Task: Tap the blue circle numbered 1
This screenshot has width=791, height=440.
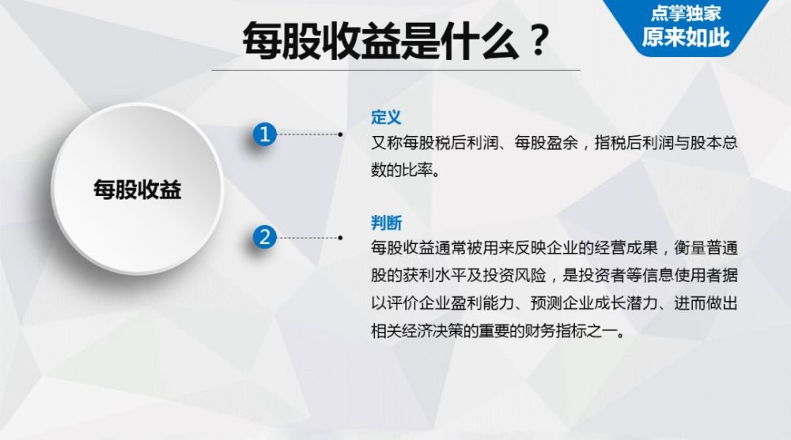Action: click(x=265, y=135)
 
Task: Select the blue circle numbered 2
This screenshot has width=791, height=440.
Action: click(x=265, y=237)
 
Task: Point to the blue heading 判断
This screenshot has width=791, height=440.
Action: click(x=386, y=222)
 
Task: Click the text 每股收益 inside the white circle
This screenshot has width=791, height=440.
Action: click(x=138, y=190)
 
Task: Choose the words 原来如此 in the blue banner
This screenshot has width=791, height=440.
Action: click(x=686, y=37)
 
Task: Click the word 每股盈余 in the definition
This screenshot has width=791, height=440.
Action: click(x=536, y=144)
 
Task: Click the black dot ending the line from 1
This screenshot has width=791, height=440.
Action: click(x=340, y=135)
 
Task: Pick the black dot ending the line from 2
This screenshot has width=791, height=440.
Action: click(x=340, y=237)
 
